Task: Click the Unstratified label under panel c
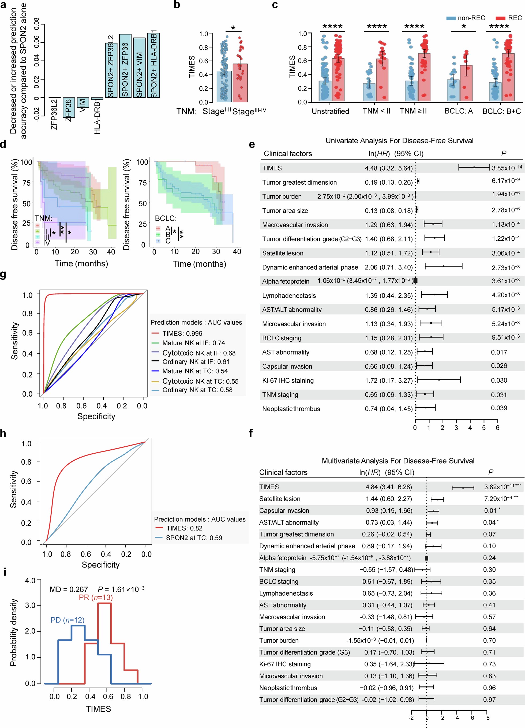click(x=330, y=111)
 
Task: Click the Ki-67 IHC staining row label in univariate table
click(x=288, y=380)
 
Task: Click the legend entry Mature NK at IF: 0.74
click(x=193, y=343)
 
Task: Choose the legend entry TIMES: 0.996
click(x=182, y=333)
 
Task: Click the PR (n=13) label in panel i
click(x=96, y=597)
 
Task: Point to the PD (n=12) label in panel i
click(x=67, y=620)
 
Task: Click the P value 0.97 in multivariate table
click(x=489, y=699)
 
